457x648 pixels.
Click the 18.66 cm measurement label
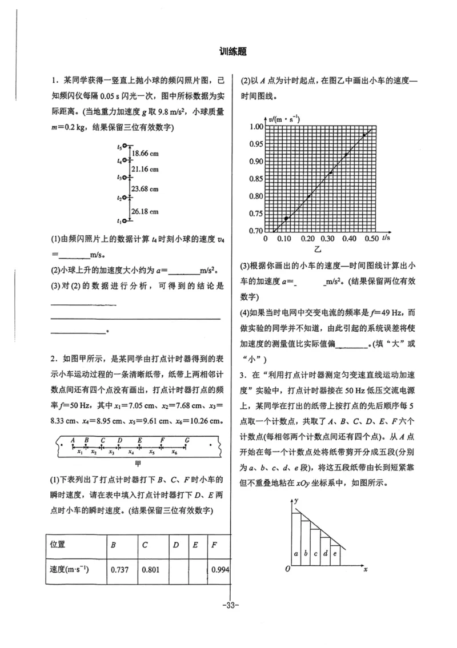coord(145,154)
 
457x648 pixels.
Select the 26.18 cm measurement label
coord(145,211)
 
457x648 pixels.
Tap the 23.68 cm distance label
coord(145,189)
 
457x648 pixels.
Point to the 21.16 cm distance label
coord(145,169)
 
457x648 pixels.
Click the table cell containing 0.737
coord(119,569)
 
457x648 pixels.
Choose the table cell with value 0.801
coord(150,569)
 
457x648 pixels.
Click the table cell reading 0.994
coord(220,569)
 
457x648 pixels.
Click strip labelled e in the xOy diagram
coord(335,553)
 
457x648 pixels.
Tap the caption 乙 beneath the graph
coord(316,250)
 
